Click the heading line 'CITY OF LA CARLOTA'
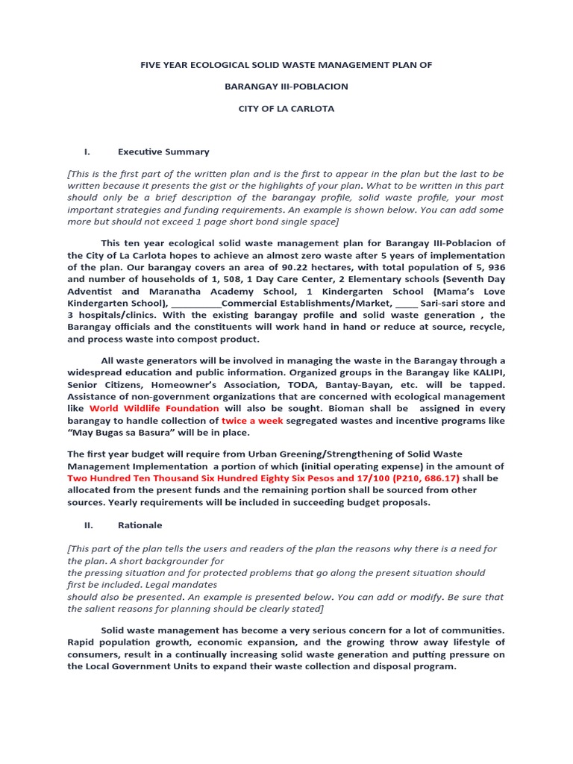tap(286, 108)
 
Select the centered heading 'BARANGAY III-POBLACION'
tap(286, 87)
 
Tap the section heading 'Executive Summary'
tap(163, 151)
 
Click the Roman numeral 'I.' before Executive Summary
tap(87, 151)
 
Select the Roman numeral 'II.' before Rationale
tap(88, 525)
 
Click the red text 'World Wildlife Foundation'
tap(154, 408)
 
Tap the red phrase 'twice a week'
tap(252, 420)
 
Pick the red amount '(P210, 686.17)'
tap(419, 477)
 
